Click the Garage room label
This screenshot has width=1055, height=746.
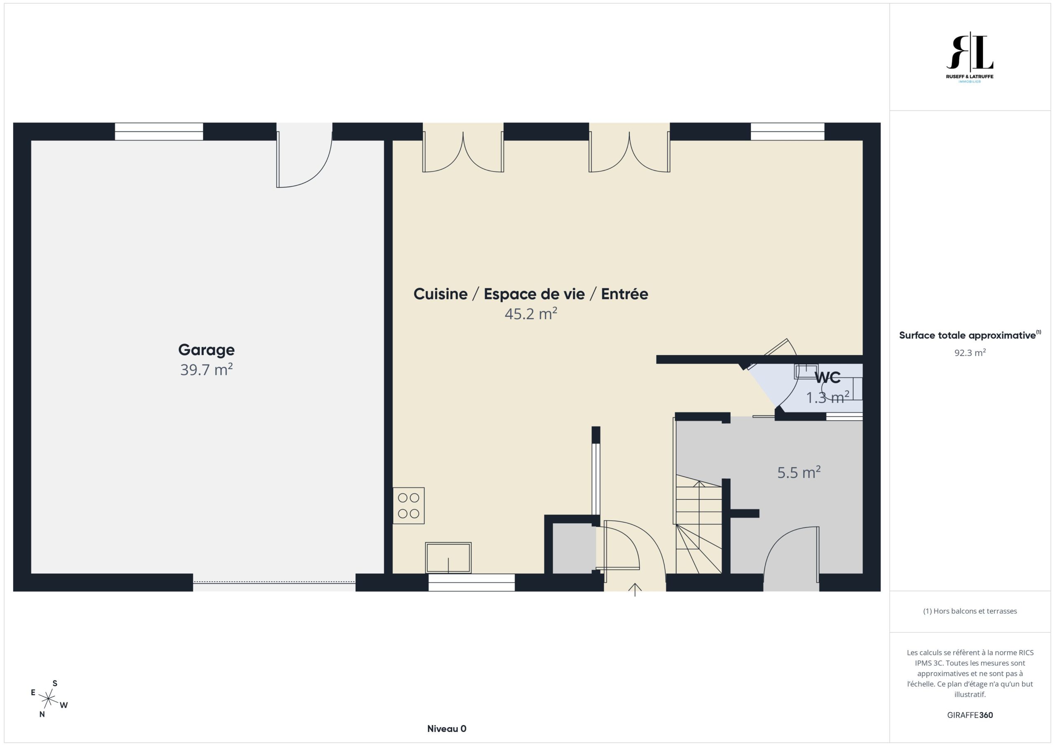pos(206,350)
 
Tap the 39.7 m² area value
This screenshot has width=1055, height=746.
pos(206,370)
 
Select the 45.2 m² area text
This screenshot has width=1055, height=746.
pos(531,314)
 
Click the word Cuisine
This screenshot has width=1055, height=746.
pos(440,294)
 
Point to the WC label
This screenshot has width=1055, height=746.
pos(828,378)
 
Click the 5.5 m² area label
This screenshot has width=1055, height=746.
pos(799,472)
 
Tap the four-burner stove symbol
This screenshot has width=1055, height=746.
pos(408,505)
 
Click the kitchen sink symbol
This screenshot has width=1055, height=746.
pos(448,558)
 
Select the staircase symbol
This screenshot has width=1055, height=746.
pos(699,524)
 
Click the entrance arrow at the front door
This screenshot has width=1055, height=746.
pos(635,589)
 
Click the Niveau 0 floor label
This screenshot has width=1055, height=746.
pos(447,729)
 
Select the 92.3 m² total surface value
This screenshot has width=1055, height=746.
pos(970,353)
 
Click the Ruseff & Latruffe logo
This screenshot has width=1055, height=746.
pos(970,57)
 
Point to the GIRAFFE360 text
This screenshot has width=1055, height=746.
pos(970,715)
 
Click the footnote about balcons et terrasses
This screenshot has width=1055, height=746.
pos(970,611)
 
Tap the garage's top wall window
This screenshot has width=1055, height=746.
pos(159,131)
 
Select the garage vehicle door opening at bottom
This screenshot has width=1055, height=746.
pos(274,582)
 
